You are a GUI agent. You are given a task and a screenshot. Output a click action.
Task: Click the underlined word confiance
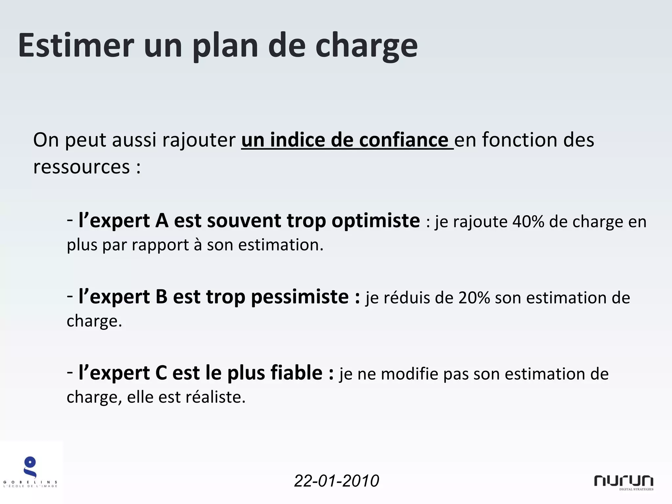tap(404, 140)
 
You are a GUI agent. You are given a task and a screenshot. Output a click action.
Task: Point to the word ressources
tap(81, 167)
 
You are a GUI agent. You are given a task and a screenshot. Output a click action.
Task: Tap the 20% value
tap(474, 298)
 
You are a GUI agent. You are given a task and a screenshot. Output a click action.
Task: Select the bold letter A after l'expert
tap(162, 220)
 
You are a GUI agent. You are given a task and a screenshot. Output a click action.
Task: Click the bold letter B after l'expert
tap(161, 297)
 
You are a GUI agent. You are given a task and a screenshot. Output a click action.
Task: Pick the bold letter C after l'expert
tap(161, 373)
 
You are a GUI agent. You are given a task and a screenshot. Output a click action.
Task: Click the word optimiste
tap(375, 221)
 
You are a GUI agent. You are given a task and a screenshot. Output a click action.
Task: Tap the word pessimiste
tap(300, 297)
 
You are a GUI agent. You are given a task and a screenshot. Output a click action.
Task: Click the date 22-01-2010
tap(336, 481)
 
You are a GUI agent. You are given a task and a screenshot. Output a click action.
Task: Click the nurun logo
tap(623, 482)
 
